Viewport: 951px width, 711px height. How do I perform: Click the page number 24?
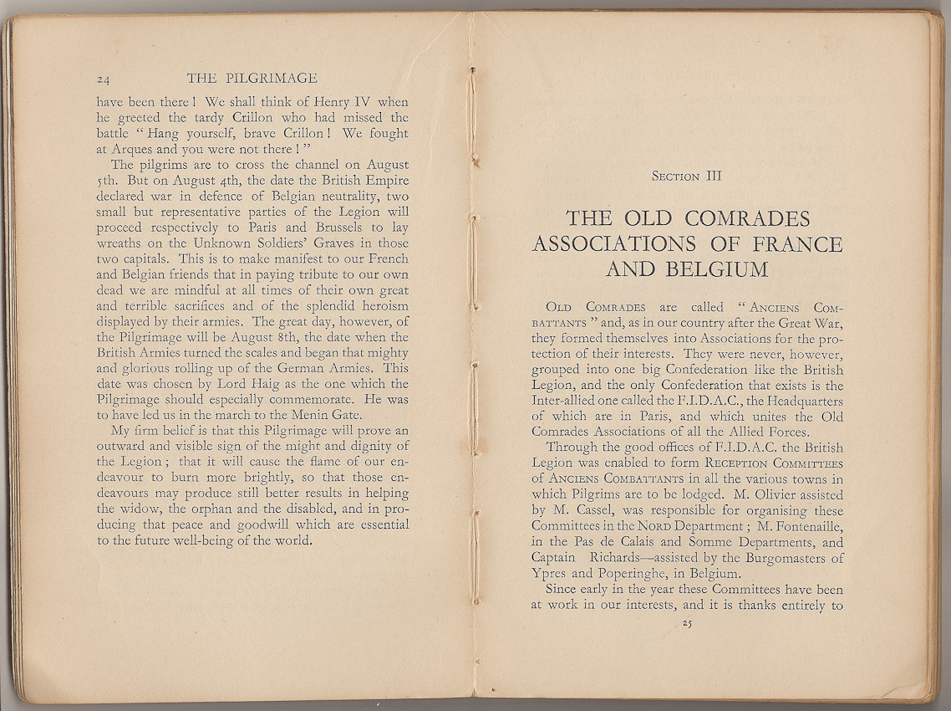coord(104,80)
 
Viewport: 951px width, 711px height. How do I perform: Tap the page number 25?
coord(688,623)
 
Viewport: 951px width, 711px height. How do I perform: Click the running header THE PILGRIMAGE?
coord(252,79)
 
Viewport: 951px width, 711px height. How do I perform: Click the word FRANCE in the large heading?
coord(791,244)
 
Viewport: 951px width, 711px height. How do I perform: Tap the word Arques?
coord(132,149)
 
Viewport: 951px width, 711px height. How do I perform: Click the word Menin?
coord(305,415)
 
